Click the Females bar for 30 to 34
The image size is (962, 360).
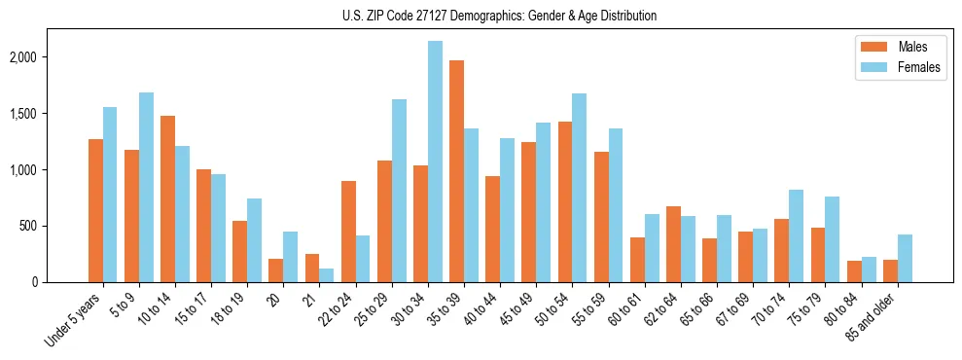(x=435, y=162)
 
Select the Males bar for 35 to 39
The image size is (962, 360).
(x=456, y=171)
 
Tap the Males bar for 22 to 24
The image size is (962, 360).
(x=348, y=232)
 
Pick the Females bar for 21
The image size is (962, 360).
(x=327, y=275)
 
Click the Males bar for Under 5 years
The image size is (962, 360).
(x=95, y=210)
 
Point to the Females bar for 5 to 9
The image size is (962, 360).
(x=146, y=187)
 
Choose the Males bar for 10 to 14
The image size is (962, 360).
(x=167, y=198)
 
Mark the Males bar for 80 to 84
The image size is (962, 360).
(x=854, y=271)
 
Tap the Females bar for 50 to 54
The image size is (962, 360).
(x=579, y=188)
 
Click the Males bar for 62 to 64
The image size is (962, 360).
(x=673, y=244)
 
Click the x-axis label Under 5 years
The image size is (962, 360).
(x=74, y=318)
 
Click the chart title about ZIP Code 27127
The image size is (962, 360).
(x=499, y=16)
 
